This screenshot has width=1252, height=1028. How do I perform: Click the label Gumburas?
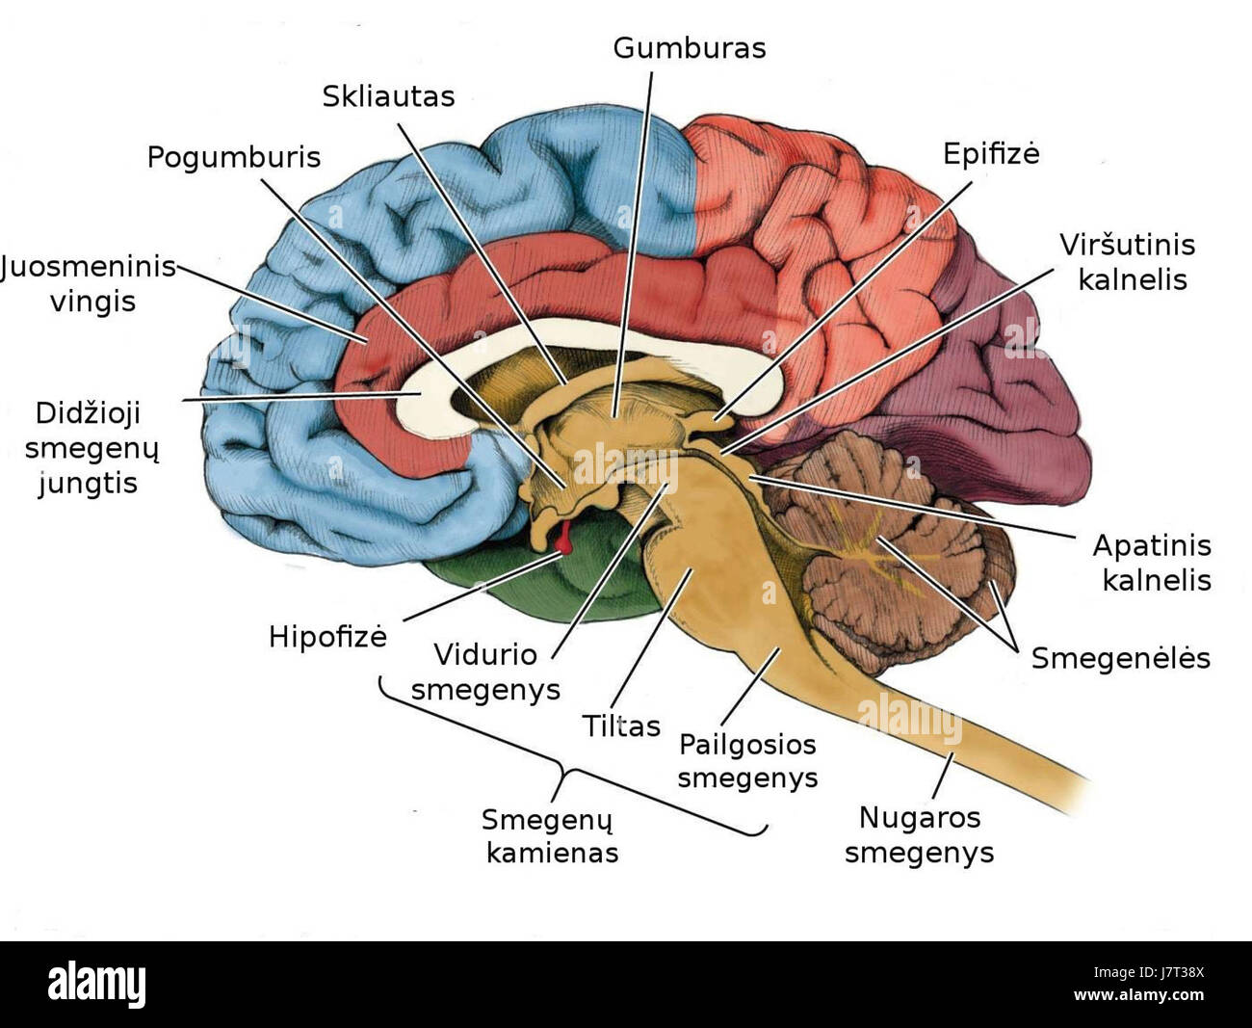689,48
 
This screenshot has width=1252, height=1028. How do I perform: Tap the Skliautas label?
388,96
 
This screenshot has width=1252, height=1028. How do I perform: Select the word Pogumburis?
233,157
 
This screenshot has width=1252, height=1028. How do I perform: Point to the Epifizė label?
991,154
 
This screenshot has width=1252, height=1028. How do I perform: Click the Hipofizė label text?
327,637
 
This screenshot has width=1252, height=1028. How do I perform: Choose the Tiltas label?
621,725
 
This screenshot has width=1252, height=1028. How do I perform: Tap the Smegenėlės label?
1120,658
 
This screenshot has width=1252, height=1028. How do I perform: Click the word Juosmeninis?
89,266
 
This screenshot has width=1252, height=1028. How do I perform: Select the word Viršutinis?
1127,245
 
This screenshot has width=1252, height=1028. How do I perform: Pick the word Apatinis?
1151,545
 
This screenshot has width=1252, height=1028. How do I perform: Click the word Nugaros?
920,818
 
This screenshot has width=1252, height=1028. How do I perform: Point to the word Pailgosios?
747,745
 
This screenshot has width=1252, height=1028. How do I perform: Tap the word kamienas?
552,853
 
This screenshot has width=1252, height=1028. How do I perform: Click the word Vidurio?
485,654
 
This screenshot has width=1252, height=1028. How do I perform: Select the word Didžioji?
88,413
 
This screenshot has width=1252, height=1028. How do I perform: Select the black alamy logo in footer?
96,985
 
